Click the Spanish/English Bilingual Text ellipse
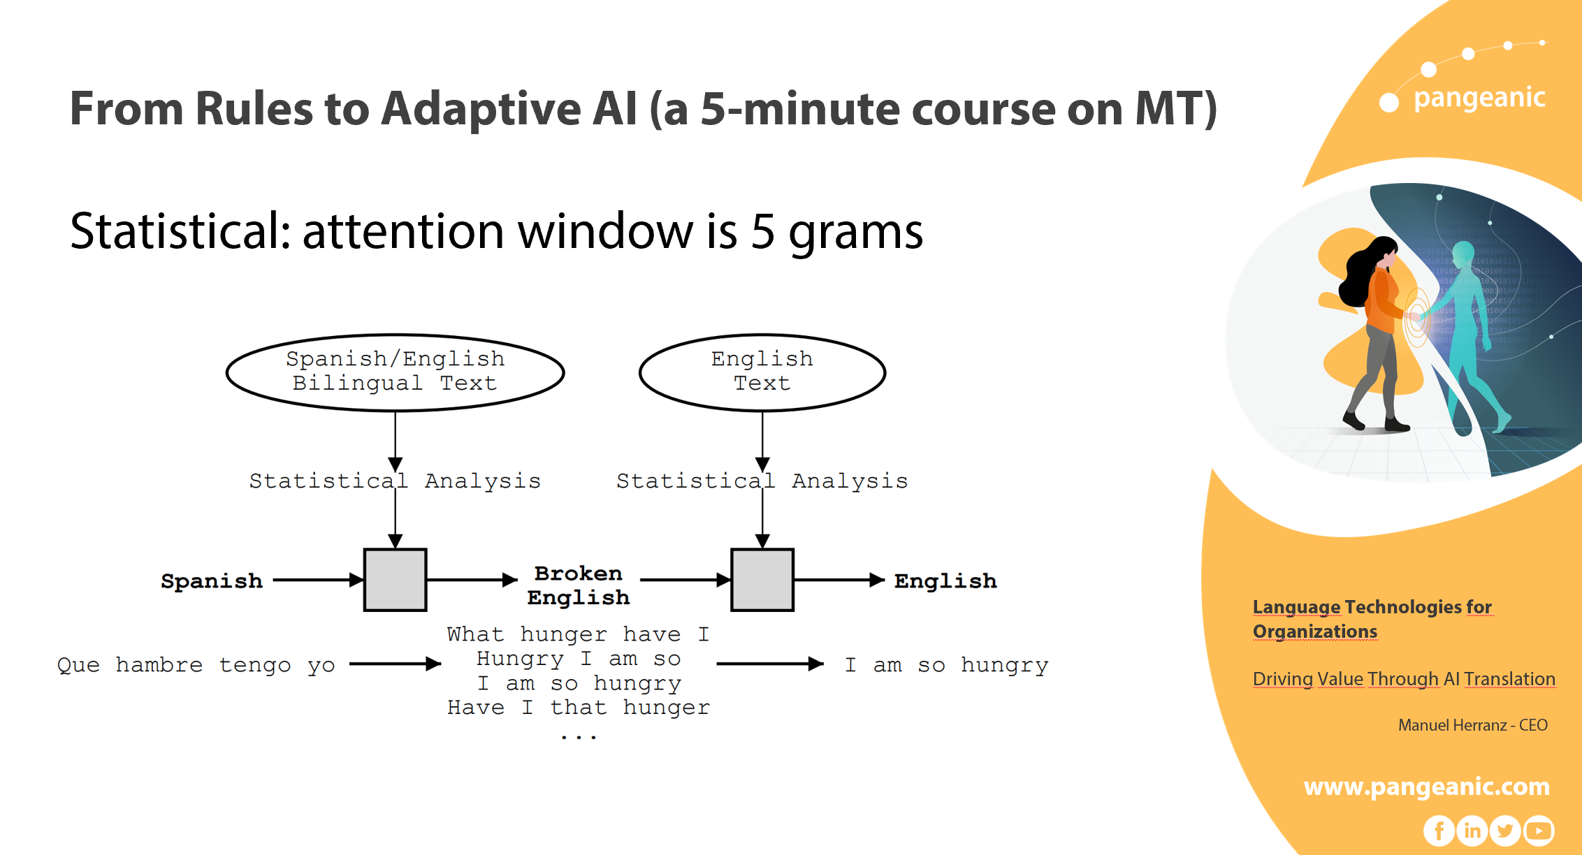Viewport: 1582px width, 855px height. pos(395,372)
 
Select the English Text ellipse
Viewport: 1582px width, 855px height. pos(762,372)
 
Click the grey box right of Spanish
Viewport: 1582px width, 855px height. pos(395,580)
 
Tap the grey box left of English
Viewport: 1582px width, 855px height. pos(762,580)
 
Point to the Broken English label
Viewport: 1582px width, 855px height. pos(579,585)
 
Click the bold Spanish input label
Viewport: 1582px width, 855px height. pos(211,581)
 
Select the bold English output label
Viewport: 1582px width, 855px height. pos(945,581)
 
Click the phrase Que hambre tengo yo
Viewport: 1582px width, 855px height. pos(196,665)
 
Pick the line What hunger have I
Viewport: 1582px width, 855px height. pos(579,634)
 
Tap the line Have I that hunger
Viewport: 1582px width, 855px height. pos(579,708)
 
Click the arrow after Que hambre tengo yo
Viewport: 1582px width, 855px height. pos(395,664)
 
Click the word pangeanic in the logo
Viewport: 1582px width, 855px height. pos(1479,98)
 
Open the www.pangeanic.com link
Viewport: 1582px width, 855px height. pos(1426,787)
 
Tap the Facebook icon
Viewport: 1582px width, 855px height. pos(1439,831)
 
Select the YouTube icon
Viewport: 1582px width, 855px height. pos(1539,831)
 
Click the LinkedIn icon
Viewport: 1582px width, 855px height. pos(1472,831)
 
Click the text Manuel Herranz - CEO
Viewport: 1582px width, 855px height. pos(1472,725)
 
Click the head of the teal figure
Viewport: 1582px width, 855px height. pos(1463,254)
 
